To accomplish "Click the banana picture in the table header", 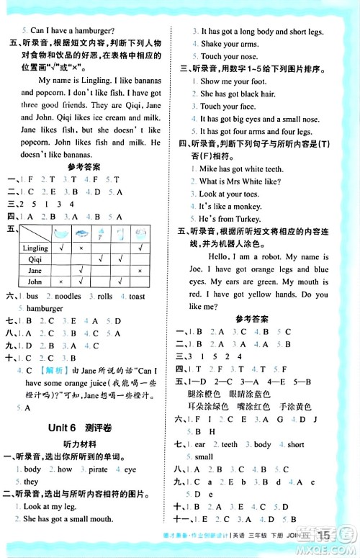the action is pyautogui.click(x=60, y=233).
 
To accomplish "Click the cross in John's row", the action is pyautogui.click(x=60, y=282).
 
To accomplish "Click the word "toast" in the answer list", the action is pyautogui.click(x=137, y=296).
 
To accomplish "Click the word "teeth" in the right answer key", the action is pyautogui.click(x=229, y=444).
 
